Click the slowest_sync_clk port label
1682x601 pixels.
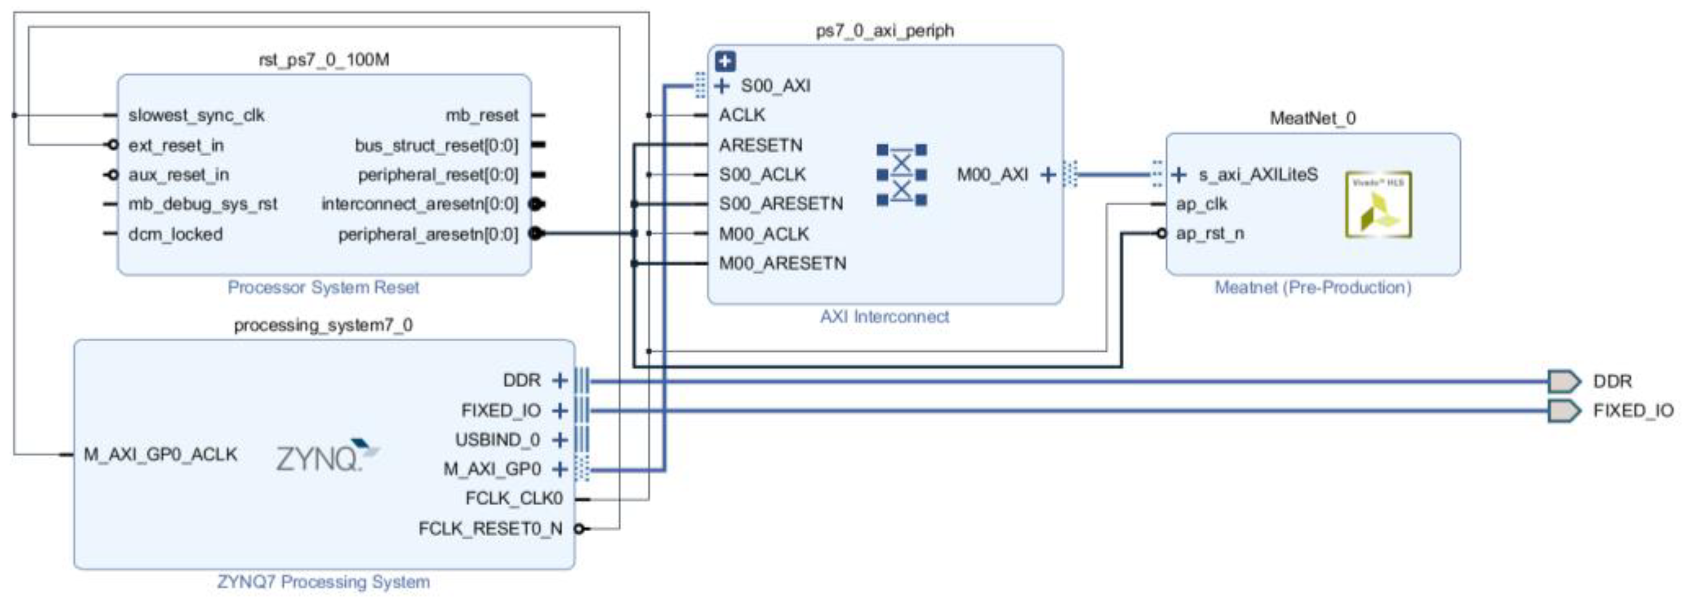[196, 115]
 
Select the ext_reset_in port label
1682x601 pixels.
[176, 146]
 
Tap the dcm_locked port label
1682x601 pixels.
[175, 234]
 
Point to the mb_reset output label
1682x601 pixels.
[482, 115]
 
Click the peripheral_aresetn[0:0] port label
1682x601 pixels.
[428, 234]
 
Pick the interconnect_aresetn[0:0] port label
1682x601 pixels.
[419, 205]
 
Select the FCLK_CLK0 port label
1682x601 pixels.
[514, 499]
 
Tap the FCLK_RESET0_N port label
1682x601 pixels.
[490, 529]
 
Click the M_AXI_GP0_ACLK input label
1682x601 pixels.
[160, 455]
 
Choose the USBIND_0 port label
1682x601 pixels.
[498, 440]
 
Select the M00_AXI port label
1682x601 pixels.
[992, 175]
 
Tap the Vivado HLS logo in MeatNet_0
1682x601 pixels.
[1378, 205]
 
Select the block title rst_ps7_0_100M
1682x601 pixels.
[324, 60]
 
